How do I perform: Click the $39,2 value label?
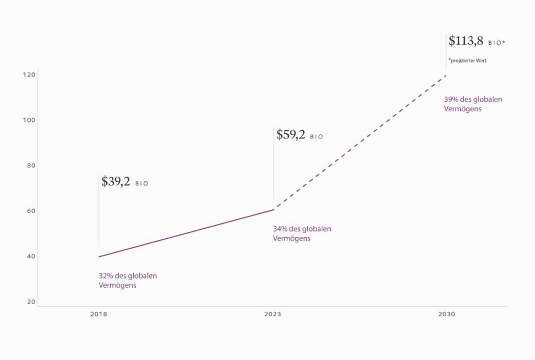tap(116, 182)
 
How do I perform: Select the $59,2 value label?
tap(291, 135)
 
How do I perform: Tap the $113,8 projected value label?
tap(466, 41)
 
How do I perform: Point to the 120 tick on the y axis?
tap(29, 75)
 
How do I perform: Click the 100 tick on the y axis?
tap(29, 120)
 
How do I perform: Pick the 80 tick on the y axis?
tap(30, 166)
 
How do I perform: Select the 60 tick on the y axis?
tap(30, 211)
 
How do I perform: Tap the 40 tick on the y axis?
tap(30, 257)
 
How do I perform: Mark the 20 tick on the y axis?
tap(30, 302)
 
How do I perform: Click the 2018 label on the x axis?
tap(99, 315)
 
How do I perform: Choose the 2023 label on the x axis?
tap(272, 315)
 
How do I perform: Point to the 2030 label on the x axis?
tap(446, 315)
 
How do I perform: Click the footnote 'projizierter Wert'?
tap(469, 61)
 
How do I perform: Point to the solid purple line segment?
tap(186, 233)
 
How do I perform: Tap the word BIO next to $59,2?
tap(317, 137)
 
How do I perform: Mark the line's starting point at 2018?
tap(99, 257)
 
